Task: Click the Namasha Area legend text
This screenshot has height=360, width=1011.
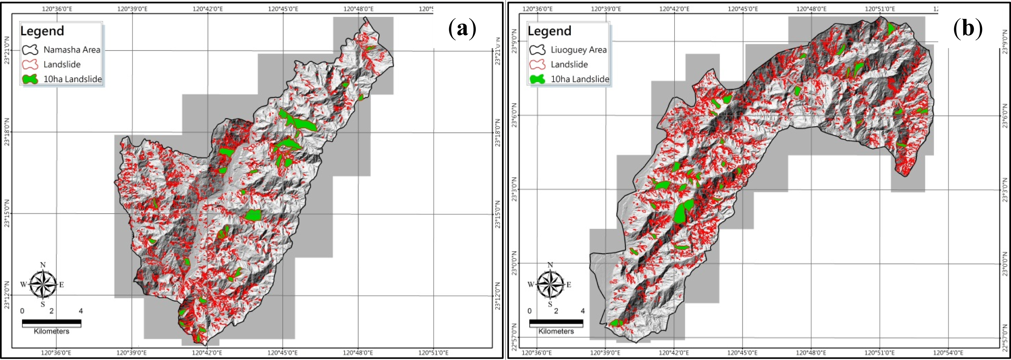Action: [72, 50]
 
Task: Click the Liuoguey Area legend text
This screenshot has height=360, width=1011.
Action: [579, 50]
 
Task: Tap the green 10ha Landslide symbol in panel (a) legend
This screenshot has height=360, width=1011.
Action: [30, 79]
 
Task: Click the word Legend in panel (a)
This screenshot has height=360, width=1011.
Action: [42, 31]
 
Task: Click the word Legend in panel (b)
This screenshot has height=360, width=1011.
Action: [549, 31]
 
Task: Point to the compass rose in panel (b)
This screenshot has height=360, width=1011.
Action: [550, 284]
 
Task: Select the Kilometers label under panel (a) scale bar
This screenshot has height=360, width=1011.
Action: [51, 331]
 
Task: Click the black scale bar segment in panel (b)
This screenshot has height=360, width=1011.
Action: [556, 323]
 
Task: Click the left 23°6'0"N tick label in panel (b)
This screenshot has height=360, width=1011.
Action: [514, 115]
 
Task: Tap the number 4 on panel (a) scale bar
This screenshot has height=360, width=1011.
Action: [81, 311]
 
